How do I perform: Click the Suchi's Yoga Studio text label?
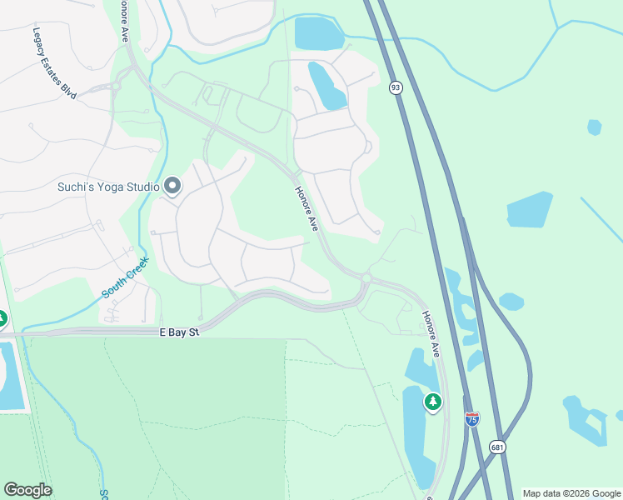click(107, 187)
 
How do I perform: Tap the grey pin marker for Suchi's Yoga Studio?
click(172, 186)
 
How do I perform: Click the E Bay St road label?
click(180, 332)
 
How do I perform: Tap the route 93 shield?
click(396, 87)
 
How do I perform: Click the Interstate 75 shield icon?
click(472, 418)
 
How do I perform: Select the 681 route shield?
click(497, 447)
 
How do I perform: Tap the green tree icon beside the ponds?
click(432, 402)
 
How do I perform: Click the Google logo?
click(27, 490)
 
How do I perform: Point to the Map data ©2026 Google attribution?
click(571, 493)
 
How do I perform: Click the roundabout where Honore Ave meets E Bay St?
click(366, 277)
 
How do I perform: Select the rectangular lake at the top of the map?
click(318, 33)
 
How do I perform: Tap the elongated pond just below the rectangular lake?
click(327, 85)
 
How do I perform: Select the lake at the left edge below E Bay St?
click(11, 375)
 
